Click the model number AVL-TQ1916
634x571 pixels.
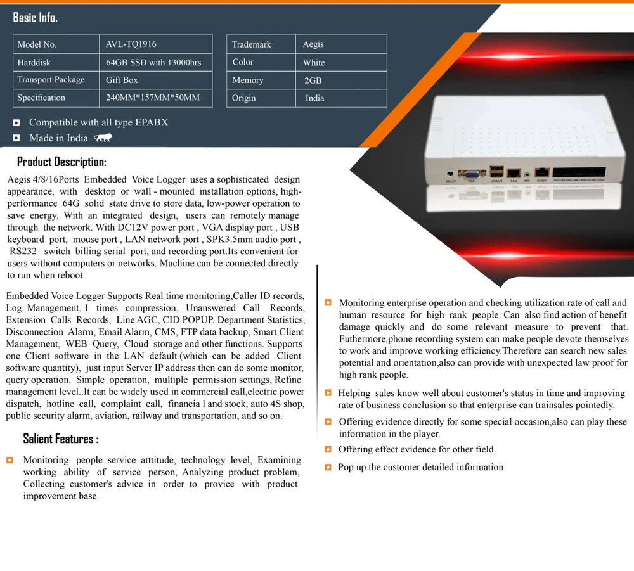(x=131, y=44)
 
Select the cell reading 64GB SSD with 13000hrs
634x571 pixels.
(x=153, y=62)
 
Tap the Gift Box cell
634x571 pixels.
(x=122, y=80)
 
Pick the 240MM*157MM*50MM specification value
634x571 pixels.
(x=153, y=98)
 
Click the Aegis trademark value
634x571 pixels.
(x=313, y=44)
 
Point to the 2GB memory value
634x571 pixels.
(x=313, y=80)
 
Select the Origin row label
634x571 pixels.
(x=244, y=98)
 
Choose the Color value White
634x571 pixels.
(x=314, y=63)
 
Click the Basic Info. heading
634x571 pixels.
(x=36, y=18)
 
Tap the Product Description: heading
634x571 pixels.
(x=61, y=162)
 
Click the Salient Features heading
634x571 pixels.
(x=61, y=439)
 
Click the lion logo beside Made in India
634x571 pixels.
(x=103, y=138)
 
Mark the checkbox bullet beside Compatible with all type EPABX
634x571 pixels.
(x=16, y=123)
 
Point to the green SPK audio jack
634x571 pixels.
(x=526, y=174)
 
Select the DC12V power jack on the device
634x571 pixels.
(x=450, y=174)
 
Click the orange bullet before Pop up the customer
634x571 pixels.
(x=328, y=467)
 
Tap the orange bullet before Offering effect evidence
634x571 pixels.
(x=328, y=449)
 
